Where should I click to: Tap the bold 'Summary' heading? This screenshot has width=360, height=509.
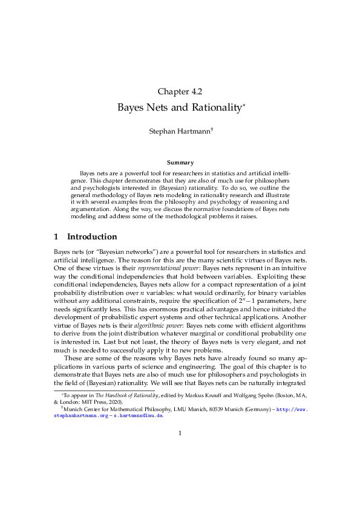(180, 162)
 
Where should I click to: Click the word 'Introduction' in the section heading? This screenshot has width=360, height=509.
(91, 236)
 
